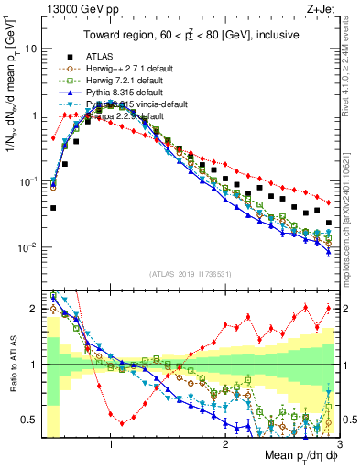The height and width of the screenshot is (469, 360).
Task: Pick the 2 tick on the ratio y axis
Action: tap(32, 309)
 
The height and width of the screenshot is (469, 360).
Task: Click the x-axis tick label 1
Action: tap(111, 443)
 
